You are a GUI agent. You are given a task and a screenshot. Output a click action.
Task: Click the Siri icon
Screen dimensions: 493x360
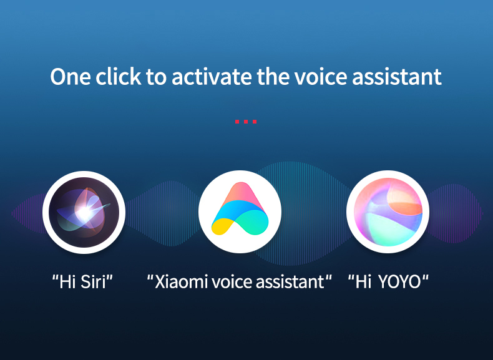tap(84, 212)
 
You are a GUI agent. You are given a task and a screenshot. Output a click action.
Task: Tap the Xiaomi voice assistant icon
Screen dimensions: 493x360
tap(240, 212)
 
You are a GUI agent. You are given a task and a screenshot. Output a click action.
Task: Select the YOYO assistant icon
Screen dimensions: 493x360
tap(388, 212)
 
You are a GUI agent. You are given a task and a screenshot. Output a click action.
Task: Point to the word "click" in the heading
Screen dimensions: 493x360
tap(119, 76)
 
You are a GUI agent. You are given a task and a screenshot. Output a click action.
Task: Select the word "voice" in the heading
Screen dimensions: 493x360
tap(321, 77)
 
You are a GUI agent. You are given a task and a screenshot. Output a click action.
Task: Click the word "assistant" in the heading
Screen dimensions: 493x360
tap(397, 77)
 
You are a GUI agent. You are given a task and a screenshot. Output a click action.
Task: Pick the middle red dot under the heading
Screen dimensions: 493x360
tap(246, 122)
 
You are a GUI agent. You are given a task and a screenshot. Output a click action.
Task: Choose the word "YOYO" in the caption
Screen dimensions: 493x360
tap(399, 282)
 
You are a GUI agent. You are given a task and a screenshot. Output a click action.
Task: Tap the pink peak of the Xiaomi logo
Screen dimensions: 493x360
tap(240, 192)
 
